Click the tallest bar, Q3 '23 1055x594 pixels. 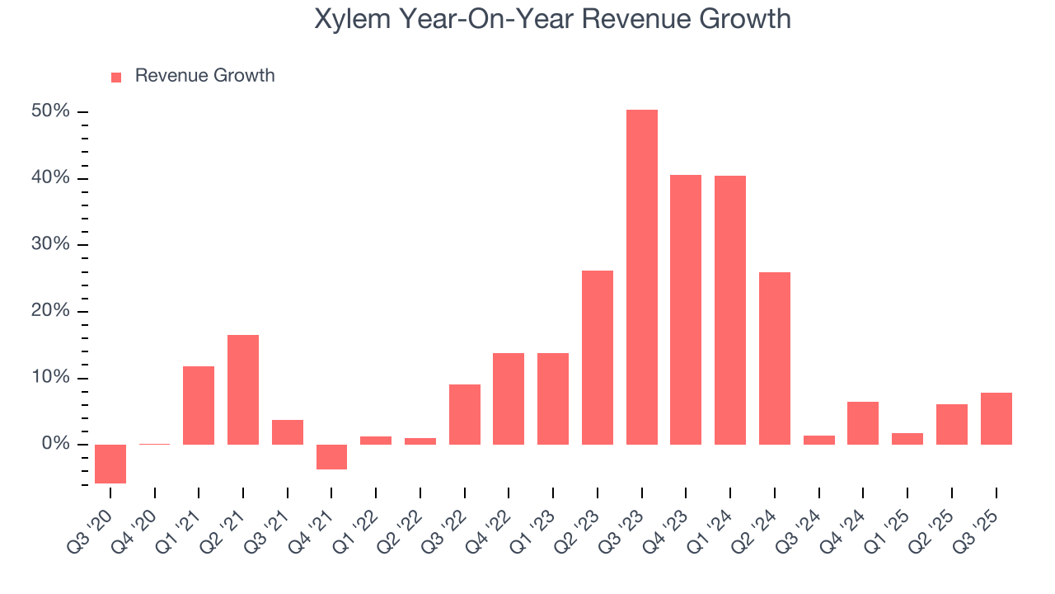[641, 277]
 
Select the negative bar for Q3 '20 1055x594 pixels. [110, 464]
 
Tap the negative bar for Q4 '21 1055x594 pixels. [331, 457]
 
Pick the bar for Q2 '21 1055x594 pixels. [243, 389]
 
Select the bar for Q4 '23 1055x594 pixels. [686, 309]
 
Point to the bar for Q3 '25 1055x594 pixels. [996, 418]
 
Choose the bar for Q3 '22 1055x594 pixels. [464, 414]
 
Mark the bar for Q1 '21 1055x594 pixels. [199, 405]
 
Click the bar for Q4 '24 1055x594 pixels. [863, 423]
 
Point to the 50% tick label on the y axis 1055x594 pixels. [51, 111]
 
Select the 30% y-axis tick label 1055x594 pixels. [51, 245]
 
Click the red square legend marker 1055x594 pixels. [116, 77]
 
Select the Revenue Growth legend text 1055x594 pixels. [204, 76]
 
